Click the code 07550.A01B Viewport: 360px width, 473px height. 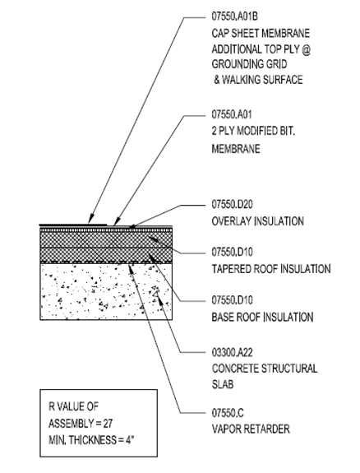[234, 16]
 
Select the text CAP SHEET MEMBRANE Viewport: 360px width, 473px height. [261, 33]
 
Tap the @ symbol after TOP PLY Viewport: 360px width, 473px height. [306, 49]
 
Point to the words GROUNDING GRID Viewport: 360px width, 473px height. [249, 64]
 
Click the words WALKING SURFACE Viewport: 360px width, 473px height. [262, 80]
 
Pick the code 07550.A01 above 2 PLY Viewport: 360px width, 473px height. [232, 114]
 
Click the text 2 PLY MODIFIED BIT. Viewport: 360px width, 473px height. [253, 131]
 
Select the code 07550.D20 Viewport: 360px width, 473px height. [232, 205]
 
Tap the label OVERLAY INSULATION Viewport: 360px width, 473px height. [257, 221]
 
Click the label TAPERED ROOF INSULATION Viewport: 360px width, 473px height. [271, 269]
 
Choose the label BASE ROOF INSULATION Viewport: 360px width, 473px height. [262, 317]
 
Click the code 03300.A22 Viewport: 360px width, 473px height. [232, 352]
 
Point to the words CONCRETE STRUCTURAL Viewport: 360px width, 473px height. [265, 369]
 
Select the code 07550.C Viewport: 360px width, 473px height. [228, 413]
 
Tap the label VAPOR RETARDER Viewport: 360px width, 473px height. [251, 429]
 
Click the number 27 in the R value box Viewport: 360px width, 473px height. [108, 424]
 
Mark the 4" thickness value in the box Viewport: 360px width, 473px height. [130, 440]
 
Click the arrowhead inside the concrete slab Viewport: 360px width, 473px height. [160, 301]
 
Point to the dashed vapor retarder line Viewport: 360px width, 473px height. [106, 262]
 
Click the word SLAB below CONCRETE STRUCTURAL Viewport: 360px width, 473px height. [223, 385]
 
